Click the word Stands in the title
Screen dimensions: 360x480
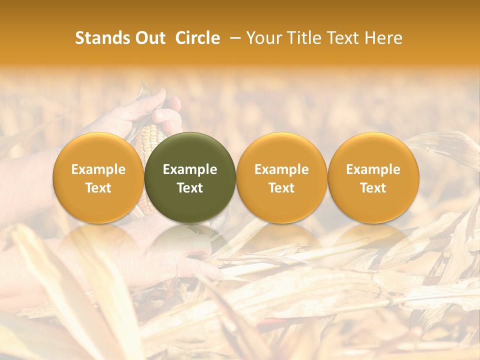click(99, 38)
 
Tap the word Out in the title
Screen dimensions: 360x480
click(149, 38)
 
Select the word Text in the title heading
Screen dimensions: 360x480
click(343, 38)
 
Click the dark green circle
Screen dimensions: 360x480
click(190, 177)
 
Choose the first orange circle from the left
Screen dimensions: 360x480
click(98, 177)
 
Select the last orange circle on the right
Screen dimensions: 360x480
click(373, 177)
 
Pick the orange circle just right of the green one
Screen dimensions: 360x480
click(281, 177)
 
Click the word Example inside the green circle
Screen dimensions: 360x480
click(190, 169)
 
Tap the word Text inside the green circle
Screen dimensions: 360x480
click(190, 188)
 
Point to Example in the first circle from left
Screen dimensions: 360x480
click(98, 169)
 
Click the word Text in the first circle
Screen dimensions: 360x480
click(98, 188)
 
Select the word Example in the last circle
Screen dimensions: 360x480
click(373, 169)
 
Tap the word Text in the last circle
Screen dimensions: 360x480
click(373, 188)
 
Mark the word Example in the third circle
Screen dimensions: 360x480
click(281, 169)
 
